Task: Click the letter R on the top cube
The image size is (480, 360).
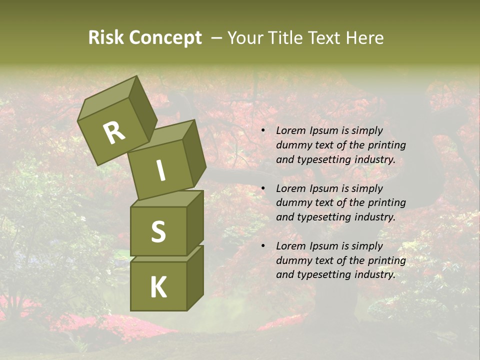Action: (114, 133)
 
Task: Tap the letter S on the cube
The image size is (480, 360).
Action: (158, 231)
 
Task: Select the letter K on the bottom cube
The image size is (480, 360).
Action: (158, 287)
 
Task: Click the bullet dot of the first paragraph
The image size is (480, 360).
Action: (263, 130)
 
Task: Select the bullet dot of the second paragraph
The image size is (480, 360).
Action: (263, 188)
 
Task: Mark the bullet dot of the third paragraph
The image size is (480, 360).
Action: (263, 246)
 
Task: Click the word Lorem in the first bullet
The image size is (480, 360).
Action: (290, 130)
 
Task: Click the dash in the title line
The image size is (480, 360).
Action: (217, 38)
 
